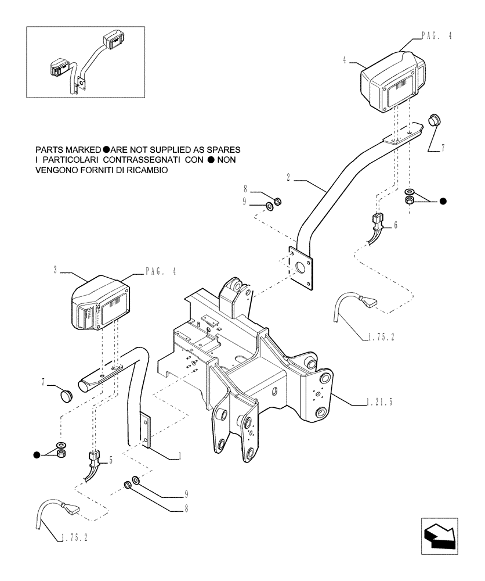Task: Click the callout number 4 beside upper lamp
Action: (x=345, y=59)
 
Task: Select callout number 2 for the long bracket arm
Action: (x=288, y=175)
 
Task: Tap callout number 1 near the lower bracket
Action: (x=180, y=457)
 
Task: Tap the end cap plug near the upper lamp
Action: (x=435, y=121)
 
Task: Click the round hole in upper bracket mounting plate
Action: (x=301, y=268)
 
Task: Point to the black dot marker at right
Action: (x=443, y=201)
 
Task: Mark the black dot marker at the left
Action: (x=37, y=454)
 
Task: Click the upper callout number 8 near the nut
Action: (x=245, y=189)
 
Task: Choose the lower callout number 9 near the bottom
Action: (x=187, y=495)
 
